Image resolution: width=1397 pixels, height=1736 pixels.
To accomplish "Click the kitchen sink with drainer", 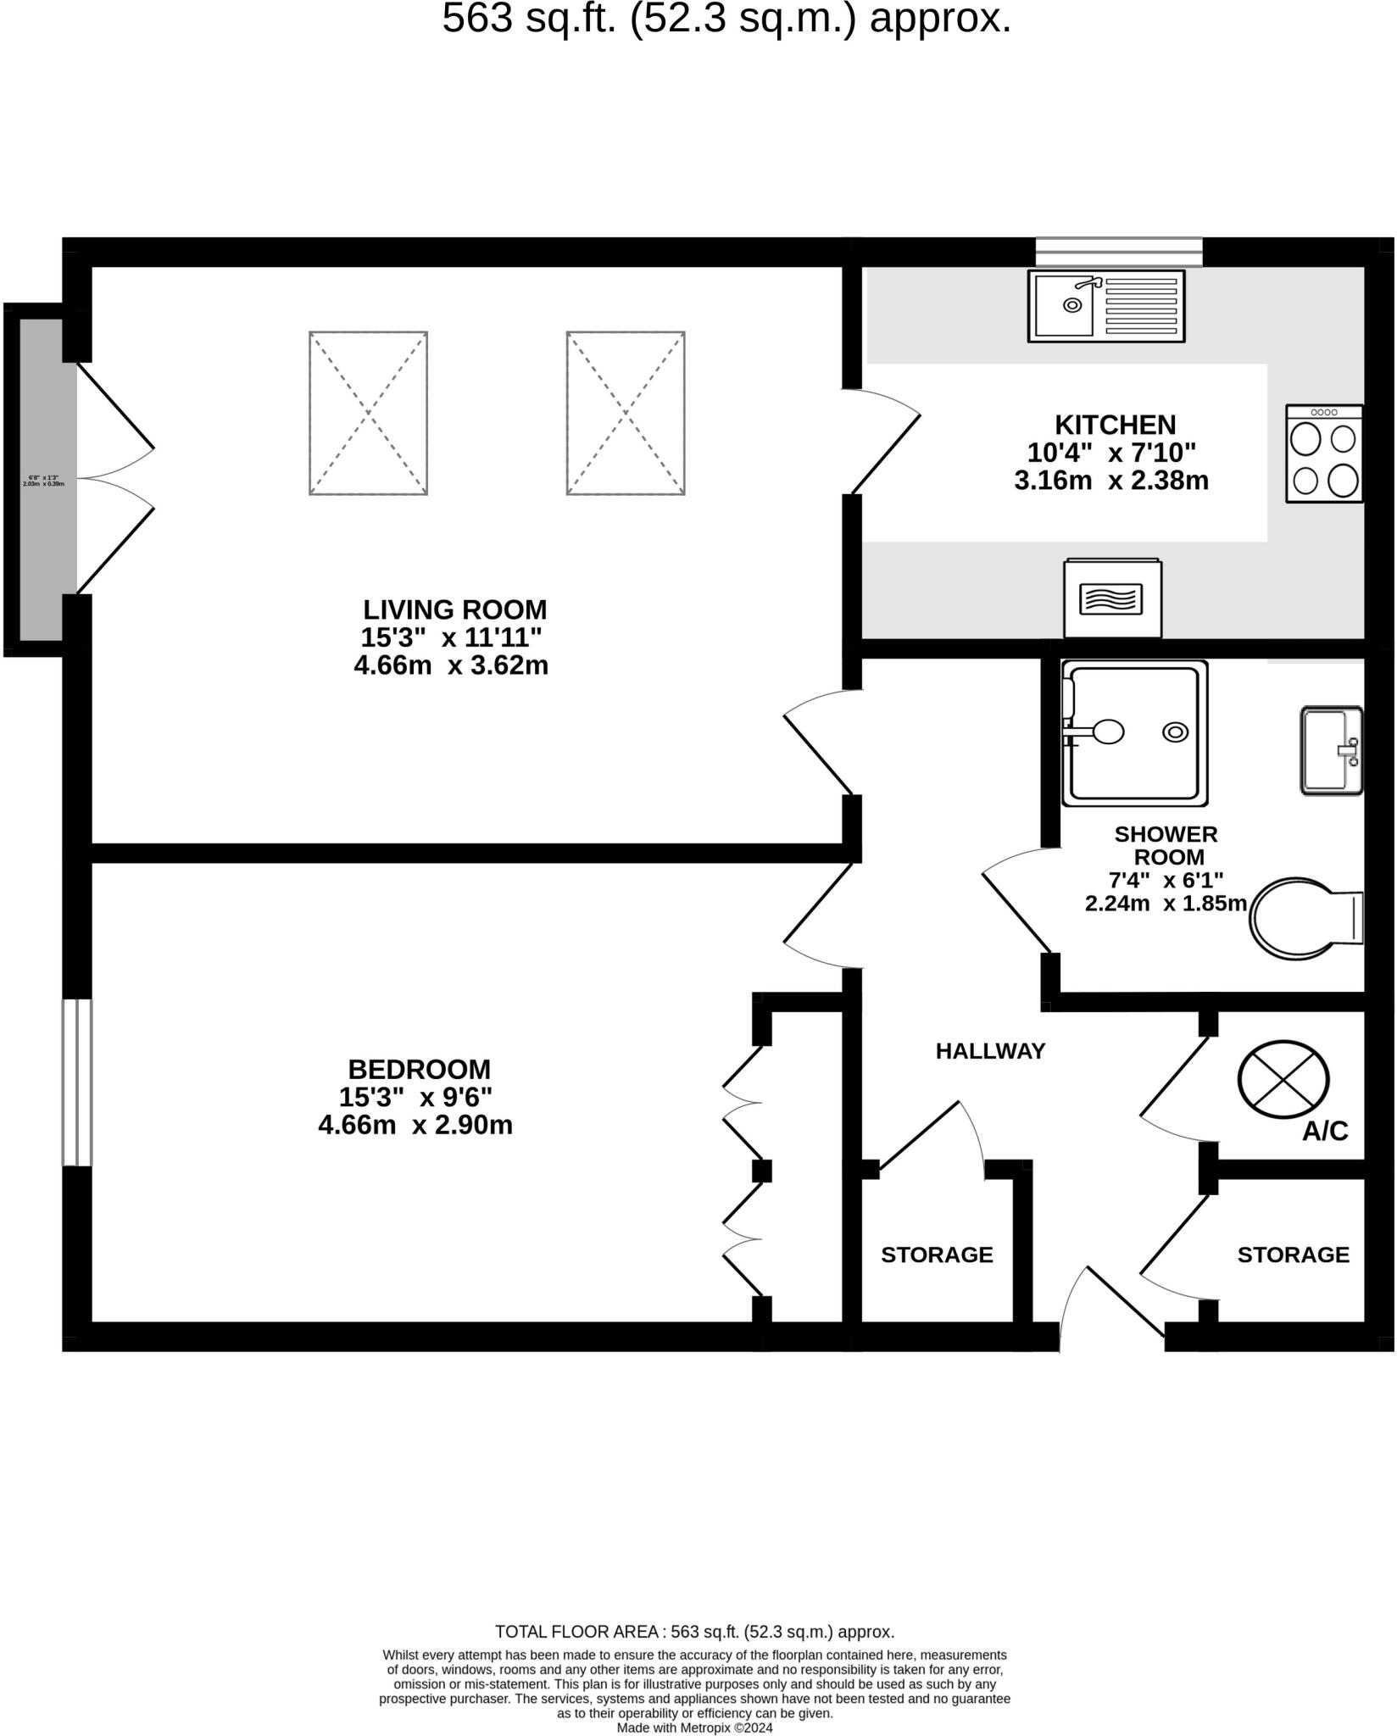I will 1105,305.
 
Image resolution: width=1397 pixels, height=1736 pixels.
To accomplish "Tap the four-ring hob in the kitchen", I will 1324,453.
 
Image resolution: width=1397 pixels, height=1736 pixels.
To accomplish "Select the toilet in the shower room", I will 1305,918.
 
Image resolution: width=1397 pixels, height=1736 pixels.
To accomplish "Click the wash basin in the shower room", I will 1331,750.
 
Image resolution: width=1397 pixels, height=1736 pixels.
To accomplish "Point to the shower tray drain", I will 1175,732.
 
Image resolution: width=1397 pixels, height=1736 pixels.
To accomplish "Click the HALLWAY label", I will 990,1051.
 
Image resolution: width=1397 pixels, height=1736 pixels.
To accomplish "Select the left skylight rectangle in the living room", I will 368,413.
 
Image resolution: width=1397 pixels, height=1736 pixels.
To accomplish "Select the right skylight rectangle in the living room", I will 626,413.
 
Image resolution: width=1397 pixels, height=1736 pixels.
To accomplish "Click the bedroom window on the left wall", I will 76,1082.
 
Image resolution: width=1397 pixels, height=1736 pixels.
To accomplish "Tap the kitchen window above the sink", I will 1119,252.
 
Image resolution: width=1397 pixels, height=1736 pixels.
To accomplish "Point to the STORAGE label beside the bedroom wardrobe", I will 937,1255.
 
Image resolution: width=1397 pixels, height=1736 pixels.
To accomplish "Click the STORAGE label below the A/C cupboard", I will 1293,1255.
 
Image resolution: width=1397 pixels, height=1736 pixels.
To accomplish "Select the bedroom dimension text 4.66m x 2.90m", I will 415,1126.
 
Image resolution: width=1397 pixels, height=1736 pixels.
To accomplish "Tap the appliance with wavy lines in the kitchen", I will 1112,599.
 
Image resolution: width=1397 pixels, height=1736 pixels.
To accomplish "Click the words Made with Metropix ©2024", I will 694,1727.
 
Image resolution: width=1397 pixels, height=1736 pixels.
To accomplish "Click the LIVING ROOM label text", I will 455,609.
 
